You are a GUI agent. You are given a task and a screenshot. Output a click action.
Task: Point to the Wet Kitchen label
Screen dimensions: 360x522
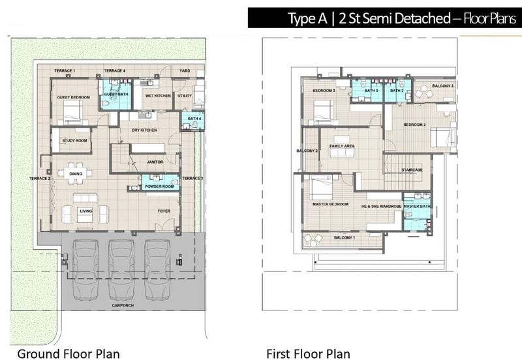[157, 96]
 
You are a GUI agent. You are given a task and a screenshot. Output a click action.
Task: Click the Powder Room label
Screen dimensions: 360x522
[159, 187]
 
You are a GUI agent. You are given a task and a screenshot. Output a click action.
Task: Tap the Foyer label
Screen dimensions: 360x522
[164, 211]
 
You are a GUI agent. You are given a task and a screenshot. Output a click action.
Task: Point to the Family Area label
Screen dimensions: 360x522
[341, 146]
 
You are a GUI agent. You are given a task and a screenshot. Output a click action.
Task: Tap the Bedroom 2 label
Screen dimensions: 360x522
[414, 124]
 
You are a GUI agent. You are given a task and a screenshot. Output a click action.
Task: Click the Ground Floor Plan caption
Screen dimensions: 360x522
[69, 353]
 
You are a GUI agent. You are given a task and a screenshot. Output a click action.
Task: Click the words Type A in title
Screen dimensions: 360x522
[309, 18]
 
